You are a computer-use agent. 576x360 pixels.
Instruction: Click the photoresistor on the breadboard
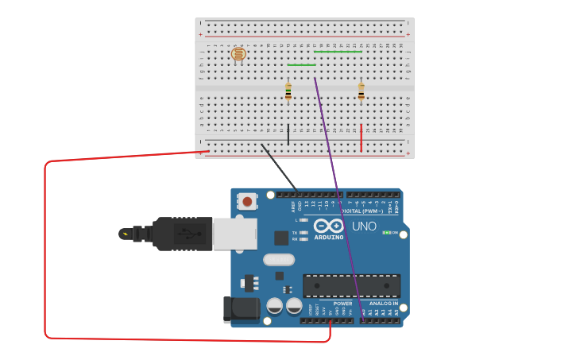tap(238, 54)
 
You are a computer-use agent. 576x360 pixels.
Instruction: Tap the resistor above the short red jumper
tap(361, 91)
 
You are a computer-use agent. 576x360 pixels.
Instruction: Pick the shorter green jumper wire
tap(301, 65)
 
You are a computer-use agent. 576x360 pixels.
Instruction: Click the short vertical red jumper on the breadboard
tap(361, 137)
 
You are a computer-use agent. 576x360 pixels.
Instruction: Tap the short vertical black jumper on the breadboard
tap(288, 135)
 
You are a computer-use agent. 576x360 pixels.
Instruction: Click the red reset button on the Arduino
tap(247, 201)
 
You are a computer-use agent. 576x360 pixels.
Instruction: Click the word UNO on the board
tap(364, 226)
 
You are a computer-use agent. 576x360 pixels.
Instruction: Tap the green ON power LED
tap(386, 233)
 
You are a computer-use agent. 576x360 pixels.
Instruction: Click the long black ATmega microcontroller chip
tap(351, 286)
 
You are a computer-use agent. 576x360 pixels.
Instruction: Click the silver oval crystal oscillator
tap(278, 260)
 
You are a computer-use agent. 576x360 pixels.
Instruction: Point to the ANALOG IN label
tap(383, 304)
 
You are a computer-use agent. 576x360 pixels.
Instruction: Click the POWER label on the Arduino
tap(342, 304)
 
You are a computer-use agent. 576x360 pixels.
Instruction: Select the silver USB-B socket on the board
tap(234, 234)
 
